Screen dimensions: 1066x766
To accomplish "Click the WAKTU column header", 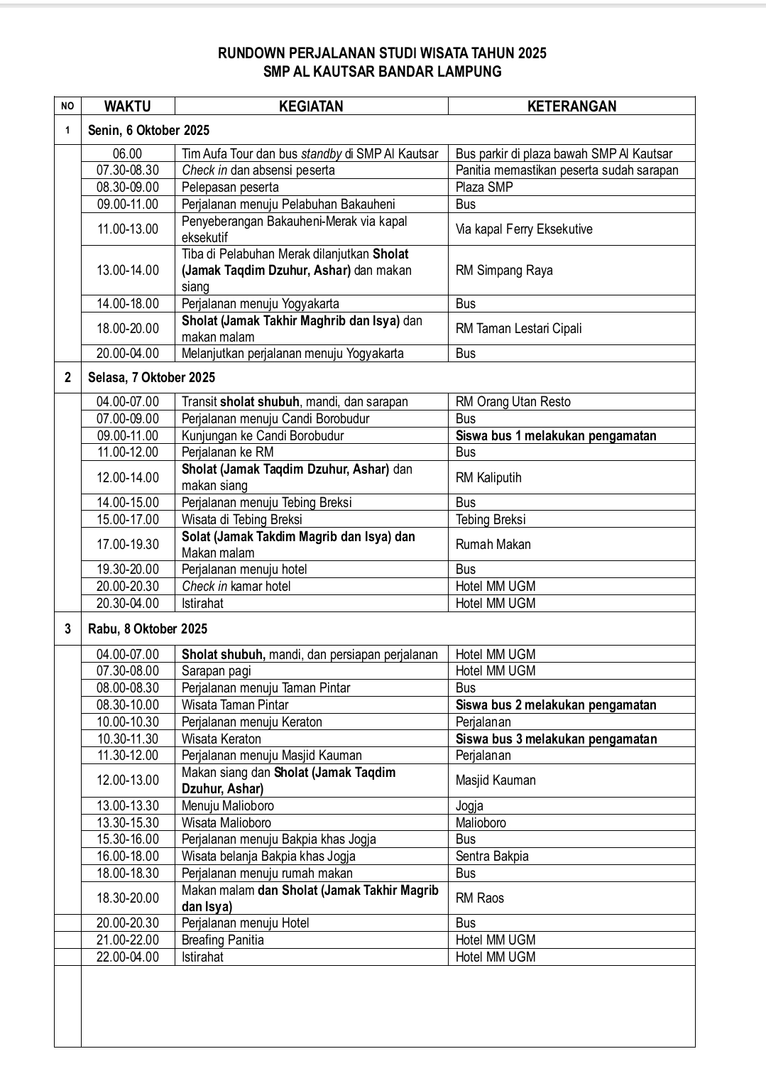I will [x=128, y=107].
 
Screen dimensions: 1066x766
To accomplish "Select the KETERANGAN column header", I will [x=571, y=107].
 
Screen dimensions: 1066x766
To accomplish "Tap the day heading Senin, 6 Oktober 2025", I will [x=148, y=131].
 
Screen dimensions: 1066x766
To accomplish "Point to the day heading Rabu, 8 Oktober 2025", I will [x=148, y=629].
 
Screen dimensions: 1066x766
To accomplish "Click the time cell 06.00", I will [x=128, y=153].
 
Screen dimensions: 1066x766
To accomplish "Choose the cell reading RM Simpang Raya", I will [x=504, y=271].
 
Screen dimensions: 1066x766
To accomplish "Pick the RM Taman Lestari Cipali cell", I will [x=518, y=328].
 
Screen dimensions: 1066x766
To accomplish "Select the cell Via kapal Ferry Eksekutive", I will [x=524, y=229].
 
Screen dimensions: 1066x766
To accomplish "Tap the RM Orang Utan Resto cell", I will [x=513, y=402].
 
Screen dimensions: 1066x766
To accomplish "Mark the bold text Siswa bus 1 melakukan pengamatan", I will [x=556, y=436].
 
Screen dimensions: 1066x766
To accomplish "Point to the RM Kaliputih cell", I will [x=488, y=478].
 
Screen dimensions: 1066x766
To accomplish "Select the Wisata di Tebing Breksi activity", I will [x=242, y=520].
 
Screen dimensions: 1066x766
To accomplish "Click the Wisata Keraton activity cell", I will [x=221, y=739].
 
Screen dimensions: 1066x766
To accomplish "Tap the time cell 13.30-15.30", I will [x=128, y=823].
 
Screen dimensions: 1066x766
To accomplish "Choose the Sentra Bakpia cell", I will [x=492, y=856].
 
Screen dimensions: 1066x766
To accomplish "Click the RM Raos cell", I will [x=480, y=898].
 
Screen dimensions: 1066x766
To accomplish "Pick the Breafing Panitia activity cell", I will [x=223, y=940].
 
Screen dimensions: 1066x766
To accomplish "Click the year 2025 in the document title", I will [x=532, y=53].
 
